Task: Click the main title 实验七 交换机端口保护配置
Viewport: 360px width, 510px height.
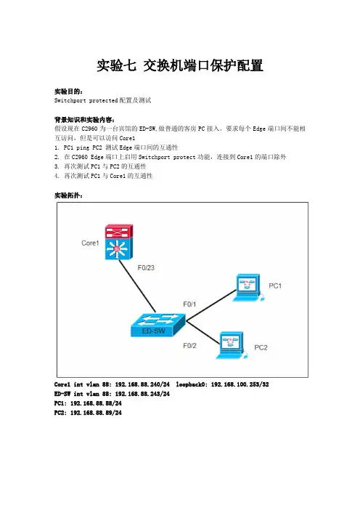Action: click(x=180, y=65)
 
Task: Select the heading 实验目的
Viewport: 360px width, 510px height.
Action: click(x=67, y=92)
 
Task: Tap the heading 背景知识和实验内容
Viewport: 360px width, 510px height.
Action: click(x=83, y=120)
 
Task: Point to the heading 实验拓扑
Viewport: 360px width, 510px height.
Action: click(x=67, y=195)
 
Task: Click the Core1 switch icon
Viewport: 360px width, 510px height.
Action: click(x=119, y=242)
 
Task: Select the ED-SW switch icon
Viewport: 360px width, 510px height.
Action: click(x=158, y=325)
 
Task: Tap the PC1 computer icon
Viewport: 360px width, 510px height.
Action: click(x=248, y=288)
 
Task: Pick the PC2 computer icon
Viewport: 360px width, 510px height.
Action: click(x=232, y=345)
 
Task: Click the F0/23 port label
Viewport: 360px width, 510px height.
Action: click(x=146, y=267)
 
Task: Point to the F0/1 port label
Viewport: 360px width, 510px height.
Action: click(x=189, y=304)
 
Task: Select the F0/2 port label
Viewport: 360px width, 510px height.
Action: click(x=189, y=345)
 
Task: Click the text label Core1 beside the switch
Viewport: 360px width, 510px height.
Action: click(x=90, y=243)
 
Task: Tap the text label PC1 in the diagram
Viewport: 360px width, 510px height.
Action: click(x=275, y=286)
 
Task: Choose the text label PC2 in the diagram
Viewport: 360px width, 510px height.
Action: click(x=261, y=347)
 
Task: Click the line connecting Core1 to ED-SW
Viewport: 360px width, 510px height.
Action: click(x=137, y=286)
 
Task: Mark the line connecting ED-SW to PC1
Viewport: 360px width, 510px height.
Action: click(x=211, y=305)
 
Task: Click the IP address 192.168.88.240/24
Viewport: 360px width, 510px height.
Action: click(x=142, y=384)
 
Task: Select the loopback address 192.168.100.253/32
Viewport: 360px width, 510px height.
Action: click(x=240, y=384)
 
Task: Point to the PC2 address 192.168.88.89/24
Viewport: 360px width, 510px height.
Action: click(x=96, y=413)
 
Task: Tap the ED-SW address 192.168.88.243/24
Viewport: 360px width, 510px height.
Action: click(x=142, y=394)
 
